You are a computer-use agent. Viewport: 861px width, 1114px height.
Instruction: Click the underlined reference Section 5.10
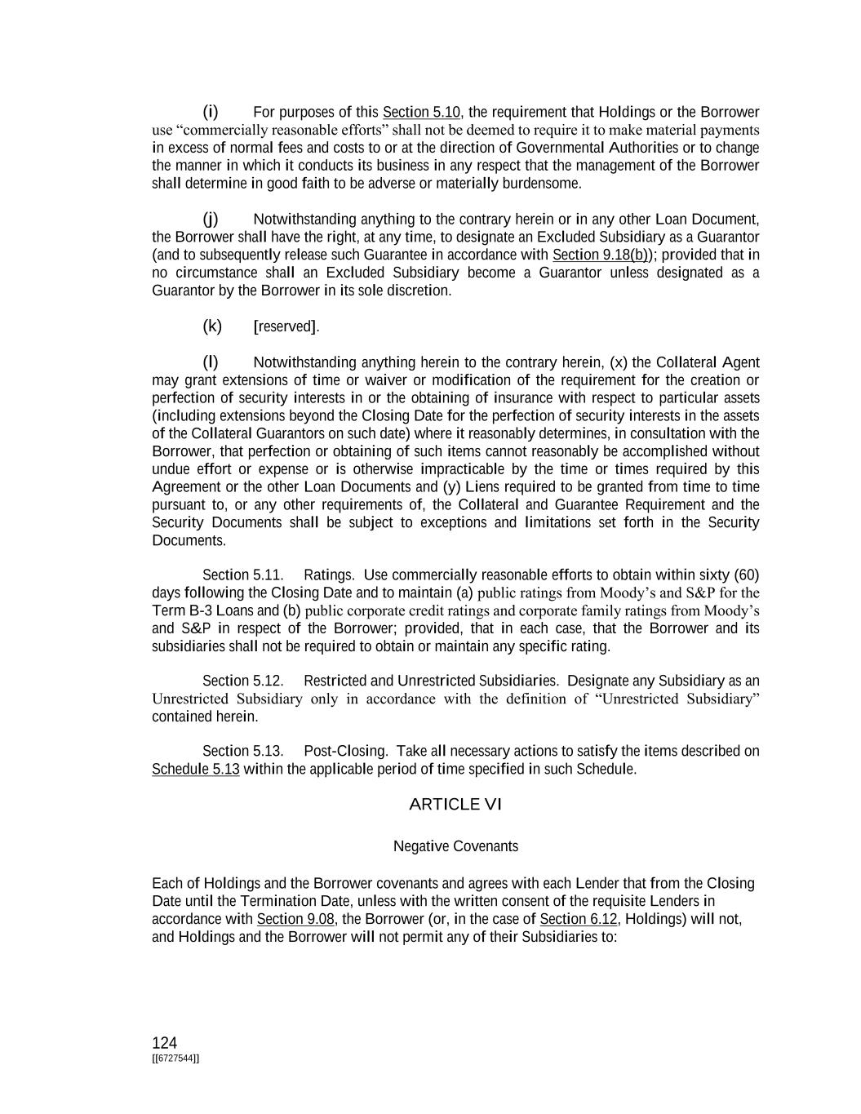[421, 113]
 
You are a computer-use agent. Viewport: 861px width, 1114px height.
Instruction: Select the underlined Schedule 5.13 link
[196, 770]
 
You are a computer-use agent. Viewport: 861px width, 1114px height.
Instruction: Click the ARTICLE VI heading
[455, 805]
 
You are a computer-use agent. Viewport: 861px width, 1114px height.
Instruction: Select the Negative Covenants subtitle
[455, 846]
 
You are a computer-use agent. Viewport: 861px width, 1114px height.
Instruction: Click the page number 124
[164, 1043]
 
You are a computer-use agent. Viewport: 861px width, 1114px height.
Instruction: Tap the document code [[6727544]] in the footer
[175, 1059]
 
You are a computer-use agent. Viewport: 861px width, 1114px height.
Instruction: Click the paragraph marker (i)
[211, 112]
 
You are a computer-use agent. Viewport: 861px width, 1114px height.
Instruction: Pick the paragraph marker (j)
[211, 219]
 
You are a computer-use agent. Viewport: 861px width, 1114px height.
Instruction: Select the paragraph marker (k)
[212, 326]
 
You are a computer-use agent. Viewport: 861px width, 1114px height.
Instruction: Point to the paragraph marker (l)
[211, 362]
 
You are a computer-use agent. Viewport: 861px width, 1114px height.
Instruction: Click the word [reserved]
[286, 327]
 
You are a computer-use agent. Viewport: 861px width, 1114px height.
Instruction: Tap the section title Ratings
[328, 575]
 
